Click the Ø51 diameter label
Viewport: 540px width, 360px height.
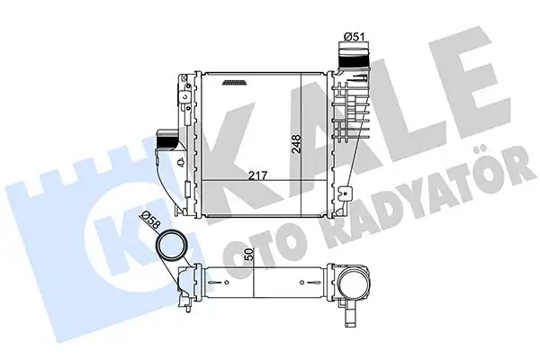coord(354,37)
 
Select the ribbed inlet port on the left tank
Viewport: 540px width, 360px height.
coord(166,142)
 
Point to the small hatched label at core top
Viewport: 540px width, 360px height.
coord(233,82)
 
